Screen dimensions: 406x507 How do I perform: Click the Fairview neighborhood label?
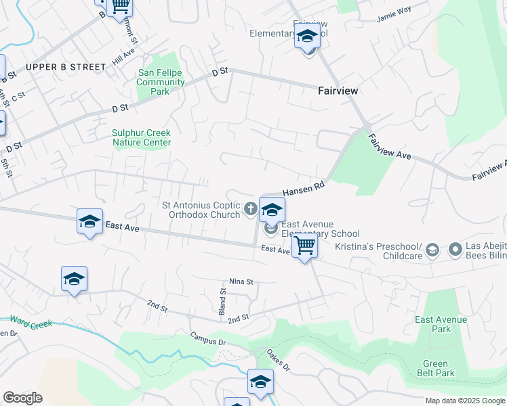point(338,91)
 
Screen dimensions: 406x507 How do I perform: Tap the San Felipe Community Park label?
point(161,82)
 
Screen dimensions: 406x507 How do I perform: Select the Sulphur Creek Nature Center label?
point(142,138)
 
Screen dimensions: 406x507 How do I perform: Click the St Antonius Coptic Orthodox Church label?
point(201,210)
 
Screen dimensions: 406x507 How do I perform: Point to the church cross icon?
point(250,209)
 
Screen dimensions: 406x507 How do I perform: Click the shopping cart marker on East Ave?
point(304,246)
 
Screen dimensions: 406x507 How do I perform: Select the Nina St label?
point(241,281)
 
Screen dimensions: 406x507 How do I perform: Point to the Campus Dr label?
point(207,339)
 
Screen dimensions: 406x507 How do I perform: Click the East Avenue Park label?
point(441,324)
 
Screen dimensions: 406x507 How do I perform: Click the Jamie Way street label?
point(394,11)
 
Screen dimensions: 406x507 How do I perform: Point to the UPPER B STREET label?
point(66,67)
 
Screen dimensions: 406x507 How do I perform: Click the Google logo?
point(22,398)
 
